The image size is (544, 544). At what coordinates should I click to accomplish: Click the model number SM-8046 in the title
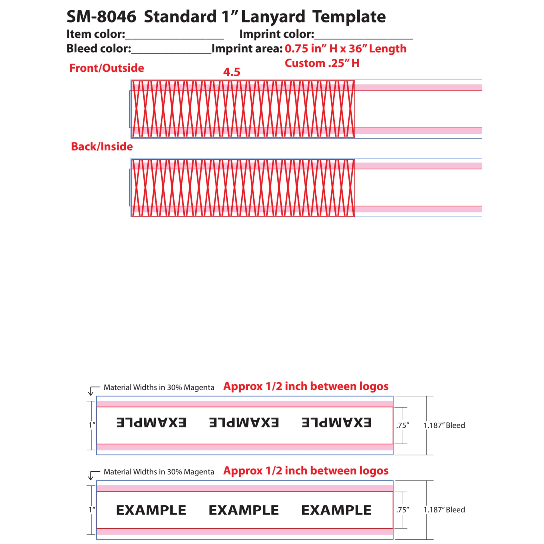(101, 17)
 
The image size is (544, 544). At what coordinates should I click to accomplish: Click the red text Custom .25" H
(322, 63)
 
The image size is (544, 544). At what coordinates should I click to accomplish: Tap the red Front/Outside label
(107, 68)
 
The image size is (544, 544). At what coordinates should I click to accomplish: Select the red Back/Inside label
(102, 147)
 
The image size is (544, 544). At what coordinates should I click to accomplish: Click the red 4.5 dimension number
(232, 72)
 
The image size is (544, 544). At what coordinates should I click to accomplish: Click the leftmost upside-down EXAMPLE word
(151, 423)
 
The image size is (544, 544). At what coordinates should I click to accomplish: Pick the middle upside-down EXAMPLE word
(244, 423)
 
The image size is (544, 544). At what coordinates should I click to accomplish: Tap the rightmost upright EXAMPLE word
(336, 510)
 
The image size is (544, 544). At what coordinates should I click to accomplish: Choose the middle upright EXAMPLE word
(244, 510)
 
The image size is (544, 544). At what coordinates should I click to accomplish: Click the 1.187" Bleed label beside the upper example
(444, 425)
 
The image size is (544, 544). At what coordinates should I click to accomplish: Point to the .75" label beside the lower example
(403, 510)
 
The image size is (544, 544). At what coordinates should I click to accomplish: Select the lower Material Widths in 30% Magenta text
(159, 472)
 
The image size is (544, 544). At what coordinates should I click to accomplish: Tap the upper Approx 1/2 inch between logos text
(306, 387)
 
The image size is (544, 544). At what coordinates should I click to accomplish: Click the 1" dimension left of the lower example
(92, 510)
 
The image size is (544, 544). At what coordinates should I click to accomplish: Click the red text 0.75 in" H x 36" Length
(346, 49)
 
